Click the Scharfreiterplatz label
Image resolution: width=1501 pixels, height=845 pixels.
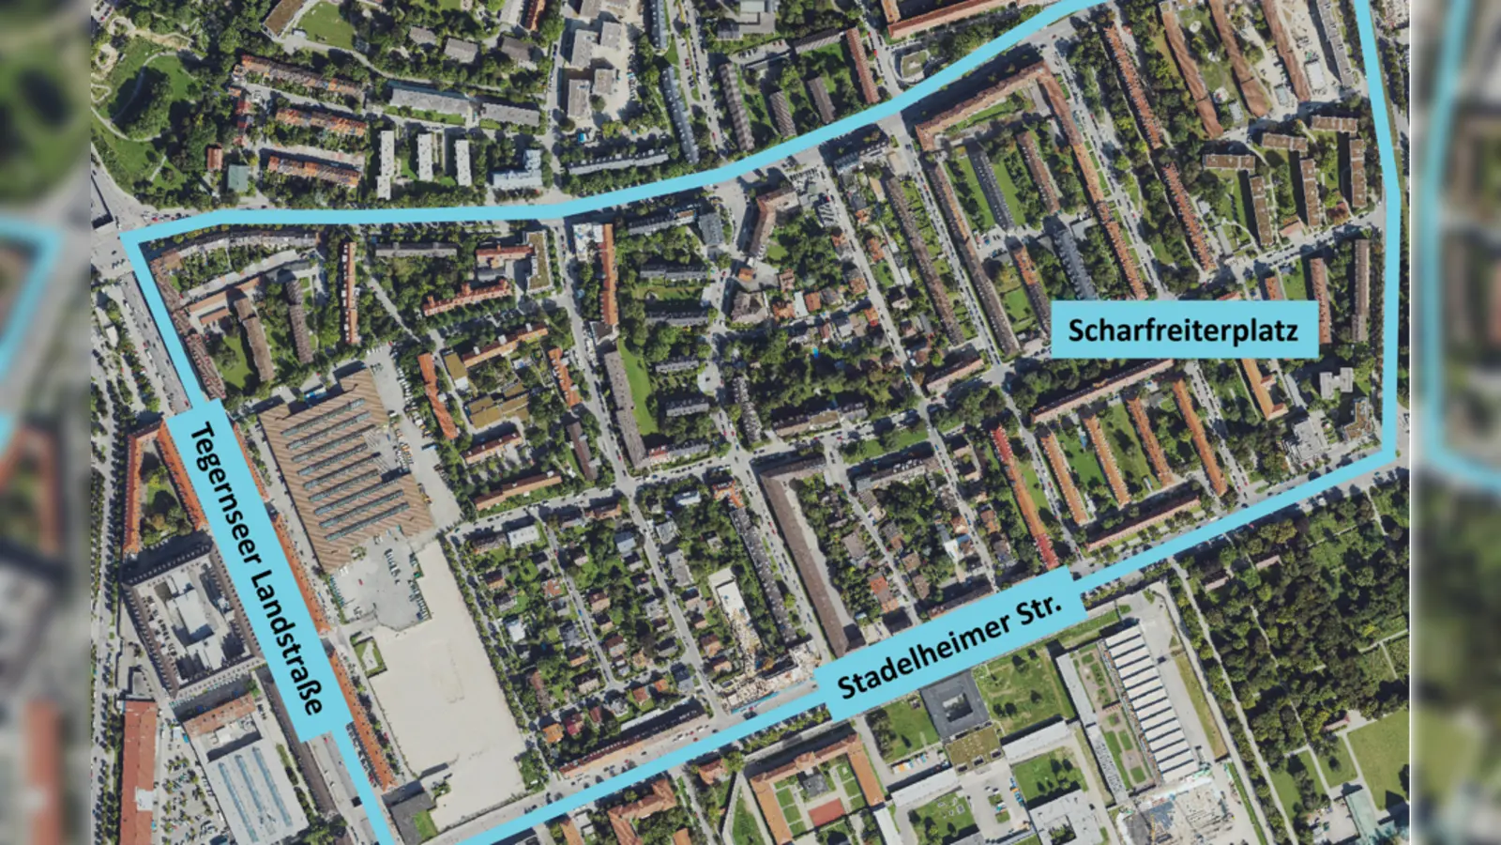tap(1183, 330)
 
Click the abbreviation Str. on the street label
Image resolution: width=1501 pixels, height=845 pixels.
tap(1039, 610)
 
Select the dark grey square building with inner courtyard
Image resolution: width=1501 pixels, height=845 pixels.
tap(953, 704)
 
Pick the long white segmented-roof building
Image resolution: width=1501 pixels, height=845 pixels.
tap(1149, 699)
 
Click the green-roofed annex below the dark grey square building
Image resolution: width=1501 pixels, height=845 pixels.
tap(973, 747)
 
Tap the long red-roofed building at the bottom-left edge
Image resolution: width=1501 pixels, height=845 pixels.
tap(138, 770)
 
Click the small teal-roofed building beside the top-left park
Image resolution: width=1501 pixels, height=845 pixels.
tap(238, 177)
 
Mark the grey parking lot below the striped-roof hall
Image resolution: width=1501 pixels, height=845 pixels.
tap(380, 587)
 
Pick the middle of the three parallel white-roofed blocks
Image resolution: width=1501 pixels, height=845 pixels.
tap(424, 157)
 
